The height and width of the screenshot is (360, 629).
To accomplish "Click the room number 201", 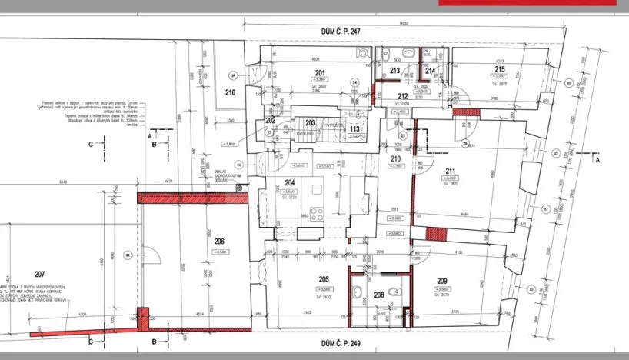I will coord(319,73).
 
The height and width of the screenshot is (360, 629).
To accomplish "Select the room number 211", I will coord(450,172).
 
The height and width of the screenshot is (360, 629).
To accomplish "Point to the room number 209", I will coord(441,281).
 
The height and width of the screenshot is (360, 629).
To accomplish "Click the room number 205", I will coord(323,281).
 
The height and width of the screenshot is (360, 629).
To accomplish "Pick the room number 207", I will coord(40,274).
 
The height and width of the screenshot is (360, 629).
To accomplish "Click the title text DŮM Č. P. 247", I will coord(341,32).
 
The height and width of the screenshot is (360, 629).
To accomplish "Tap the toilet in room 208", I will coord(393,290).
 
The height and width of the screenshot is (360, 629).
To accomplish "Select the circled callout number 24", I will coord(354,82).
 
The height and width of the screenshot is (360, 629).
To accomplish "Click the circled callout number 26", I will coord(464,143).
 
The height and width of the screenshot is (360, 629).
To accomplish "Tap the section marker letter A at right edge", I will coord(597,162).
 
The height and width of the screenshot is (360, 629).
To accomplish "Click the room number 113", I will coord(354,128).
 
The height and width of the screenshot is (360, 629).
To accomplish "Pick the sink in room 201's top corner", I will coord(364,54).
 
